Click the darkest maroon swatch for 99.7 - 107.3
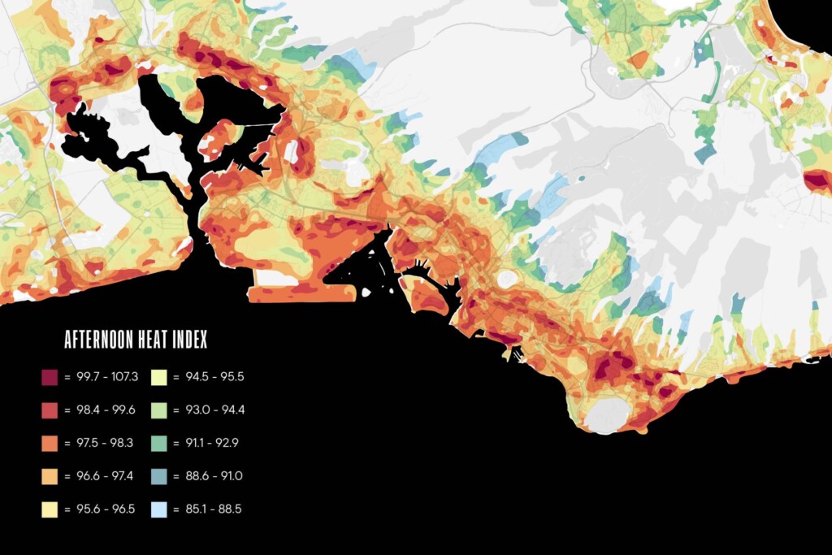coord(48,378)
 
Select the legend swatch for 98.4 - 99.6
coord(48,410)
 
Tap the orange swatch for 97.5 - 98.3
coord(48,444)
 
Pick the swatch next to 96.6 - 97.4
coord(48,477)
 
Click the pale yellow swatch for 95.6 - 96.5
coord(48,509)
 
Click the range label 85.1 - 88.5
coord(214,509)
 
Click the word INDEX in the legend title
coord(189,340)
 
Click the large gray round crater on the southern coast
coord(607,414)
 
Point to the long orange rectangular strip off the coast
coord(288,293)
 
